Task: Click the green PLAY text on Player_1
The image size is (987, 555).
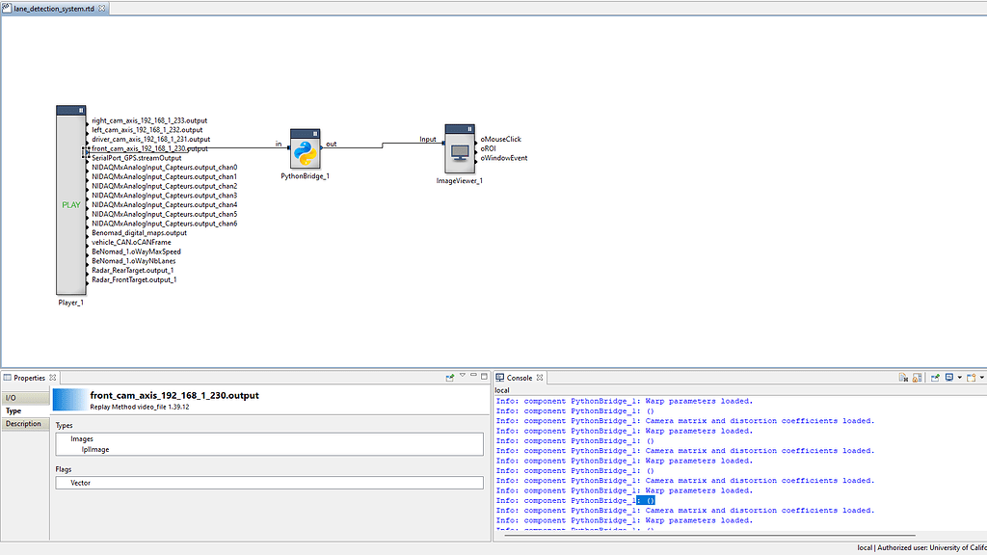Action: (71, 204)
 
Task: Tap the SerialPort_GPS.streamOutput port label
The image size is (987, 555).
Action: (136, 158)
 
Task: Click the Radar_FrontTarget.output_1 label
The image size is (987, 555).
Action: (133, 279)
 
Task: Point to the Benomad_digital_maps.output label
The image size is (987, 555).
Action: (139, 233)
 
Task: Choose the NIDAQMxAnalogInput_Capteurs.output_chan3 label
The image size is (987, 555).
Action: (164, 196)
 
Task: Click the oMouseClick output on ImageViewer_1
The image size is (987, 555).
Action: (501, 140)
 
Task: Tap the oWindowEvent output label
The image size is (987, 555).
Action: (504, 158)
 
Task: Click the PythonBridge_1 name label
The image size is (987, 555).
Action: (306, 177)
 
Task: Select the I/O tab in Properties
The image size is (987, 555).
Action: (12, 397)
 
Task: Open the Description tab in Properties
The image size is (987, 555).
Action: (23, 424)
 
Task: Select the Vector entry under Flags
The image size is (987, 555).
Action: (81, 483)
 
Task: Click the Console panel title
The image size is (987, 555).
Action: (520, 378)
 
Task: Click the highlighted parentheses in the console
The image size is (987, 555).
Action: (649, 501)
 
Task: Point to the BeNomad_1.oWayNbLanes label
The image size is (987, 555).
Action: (134, 261)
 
